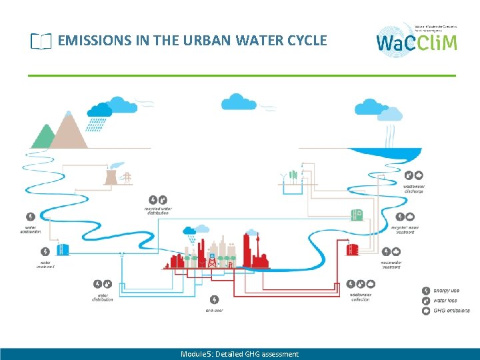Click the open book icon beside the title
[41, 41]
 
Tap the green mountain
[44, 136]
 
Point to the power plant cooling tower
[111, 175]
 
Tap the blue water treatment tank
[62, 250]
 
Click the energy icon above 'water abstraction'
[31, 217]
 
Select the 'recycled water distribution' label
[158, 211]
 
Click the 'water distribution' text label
[103, 297]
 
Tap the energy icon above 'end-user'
[214, 300]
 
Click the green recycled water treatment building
[357, 215]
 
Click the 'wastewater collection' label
[361, 297]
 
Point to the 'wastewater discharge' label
[413, 189]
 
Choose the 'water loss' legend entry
[446, 300]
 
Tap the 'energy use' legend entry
[446, 291]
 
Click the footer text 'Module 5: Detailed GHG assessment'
[239, 354]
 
